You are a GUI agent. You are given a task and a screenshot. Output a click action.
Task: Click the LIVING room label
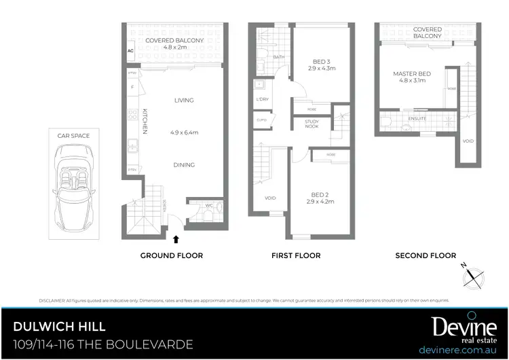click(x=183, y=100)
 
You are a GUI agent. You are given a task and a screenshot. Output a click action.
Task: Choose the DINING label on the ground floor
click(x=183, y=164)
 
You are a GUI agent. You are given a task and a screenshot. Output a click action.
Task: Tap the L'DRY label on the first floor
click(x=261, y=100)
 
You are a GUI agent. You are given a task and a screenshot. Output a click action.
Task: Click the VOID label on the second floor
click(x=468, y=141)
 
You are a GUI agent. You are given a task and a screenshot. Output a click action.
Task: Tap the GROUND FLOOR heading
click(x=171, y=255)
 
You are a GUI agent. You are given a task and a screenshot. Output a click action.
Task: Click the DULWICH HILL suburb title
click(x=59, y=326)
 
